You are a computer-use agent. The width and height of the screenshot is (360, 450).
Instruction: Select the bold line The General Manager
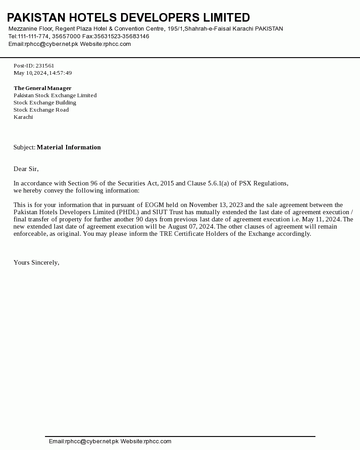(42, 88)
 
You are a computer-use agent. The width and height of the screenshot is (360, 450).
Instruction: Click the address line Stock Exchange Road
(41, 110)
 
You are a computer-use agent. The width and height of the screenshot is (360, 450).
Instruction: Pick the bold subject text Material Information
(69, 147)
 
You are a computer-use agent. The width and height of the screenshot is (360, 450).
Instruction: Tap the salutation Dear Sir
(26, 169)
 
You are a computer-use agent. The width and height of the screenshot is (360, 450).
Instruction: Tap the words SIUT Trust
(165, 212)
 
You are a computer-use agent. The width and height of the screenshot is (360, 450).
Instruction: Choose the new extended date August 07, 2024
(191, 226)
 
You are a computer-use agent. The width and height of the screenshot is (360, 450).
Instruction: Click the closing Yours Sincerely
(36, 262)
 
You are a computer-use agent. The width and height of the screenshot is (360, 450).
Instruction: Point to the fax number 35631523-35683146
(121, 36)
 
